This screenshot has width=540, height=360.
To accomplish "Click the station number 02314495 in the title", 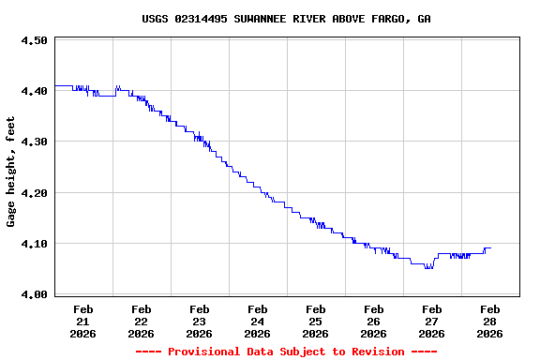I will coord(202,19).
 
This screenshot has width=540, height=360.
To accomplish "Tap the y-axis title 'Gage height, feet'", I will coord(11,172).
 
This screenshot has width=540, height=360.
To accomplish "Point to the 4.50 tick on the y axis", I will coord(34,41).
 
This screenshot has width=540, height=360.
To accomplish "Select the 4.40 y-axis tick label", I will coord(34,91).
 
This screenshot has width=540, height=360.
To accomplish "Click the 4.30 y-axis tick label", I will coord(34,142).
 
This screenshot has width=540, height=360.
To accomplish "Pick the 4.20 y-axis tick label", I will coord(34,193).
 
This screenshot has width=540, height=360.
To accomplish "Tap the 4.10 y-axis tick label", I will coord(34,244).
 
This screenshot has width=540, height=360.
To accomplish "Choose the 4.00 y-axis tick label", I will coord(34,294).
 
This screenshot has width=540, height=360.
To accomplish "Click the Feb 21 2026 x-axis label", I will coord(82,321).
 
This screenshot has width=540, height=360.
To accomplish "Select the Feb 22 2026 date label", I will coord(141,321).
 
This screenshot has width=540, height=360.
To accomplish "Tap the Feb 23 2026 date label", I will coord(199,321).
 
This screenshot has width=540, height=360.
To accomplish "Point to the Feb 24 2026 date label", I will coord(257,321).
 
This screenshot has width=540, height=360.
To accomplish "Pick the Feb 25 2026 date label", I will coord(315,321).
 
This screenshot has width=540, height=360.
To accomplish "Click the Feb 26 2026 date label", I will coord(373,321).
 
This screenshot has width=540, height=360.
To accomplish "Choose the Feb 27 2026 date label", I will coord(431,321).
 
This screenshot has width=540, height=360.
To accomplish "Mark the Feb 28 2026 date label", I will coord(489,321).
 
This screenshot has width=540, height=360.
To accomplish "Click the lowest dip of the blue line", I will coord(428,268).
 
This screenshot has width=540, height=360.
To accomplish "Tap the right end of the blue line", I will coord(490,248).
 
